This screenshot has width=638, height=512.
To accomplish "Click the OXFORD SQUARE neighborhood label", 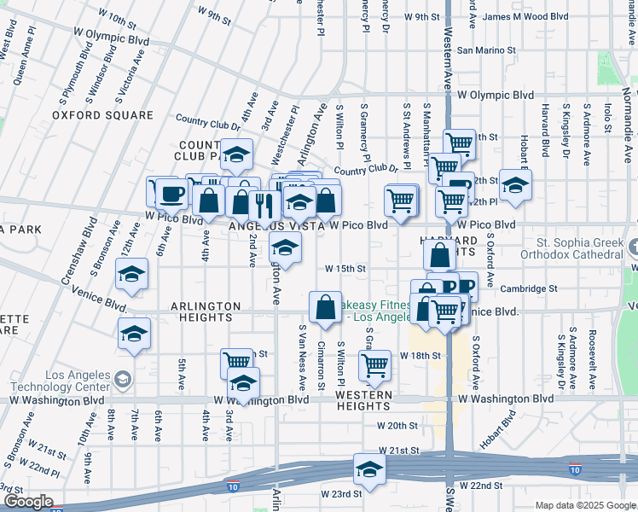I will click(x=102, y=115).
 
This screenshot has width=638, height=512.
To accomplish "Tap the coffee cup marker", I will click(x=171, y=193).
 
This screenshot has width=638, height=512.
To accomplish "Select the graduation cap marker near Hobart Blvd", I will click(x=515, y=185).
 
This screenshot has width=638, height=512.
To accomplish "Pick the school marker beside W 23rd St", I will click(x=369, y=469).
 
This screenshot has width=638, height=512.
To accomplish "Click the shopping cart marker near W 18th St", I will click(x=374, y=366).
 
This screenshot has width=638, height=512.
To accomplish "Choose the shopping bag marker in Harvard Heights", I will click(x=440, y=255).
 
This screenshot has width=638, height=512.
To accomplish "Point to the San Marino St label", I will click(x=487, y=50).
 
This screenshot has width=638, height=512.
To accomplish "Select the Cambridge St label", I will click(x=529, y=288).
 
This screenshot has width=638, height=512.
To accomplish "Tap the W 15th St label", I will click(x=345, y=268).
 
